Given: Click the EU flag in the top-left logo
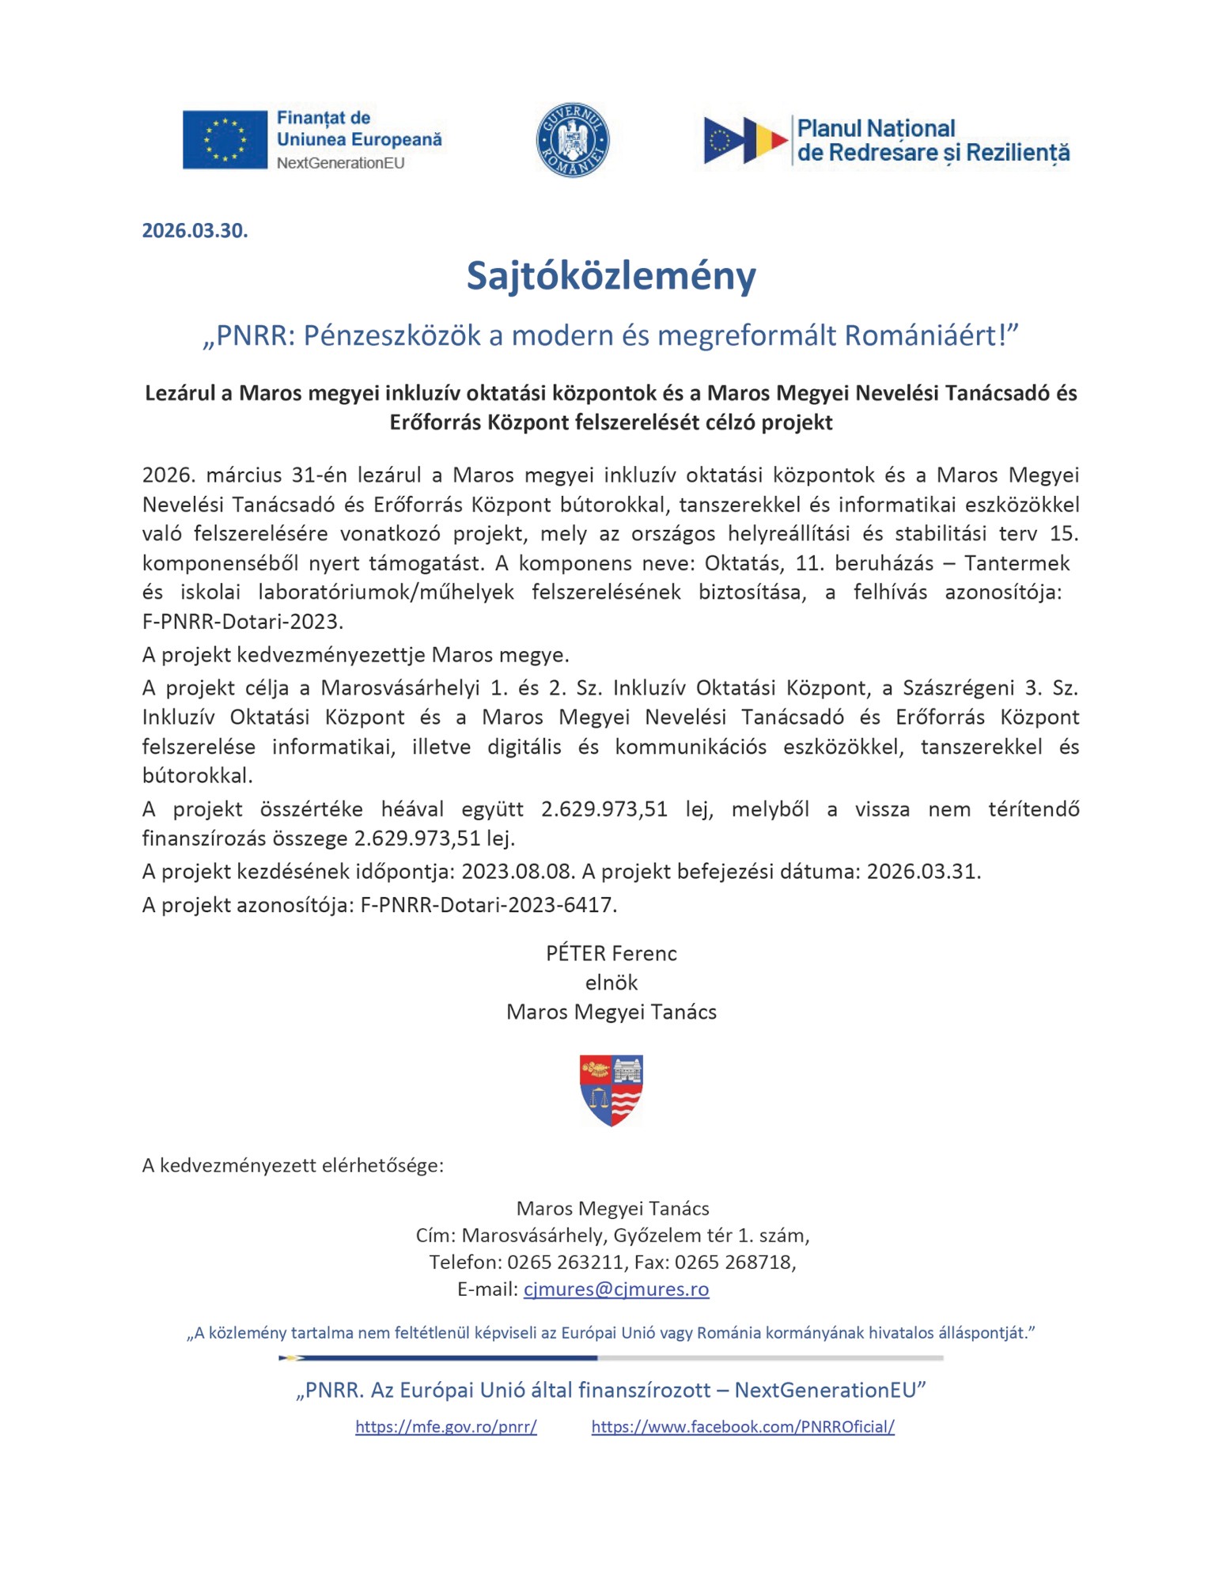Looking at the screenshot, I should [x=225, y=139].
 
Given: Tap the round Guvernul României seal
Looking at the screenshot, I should [x=572, y=140].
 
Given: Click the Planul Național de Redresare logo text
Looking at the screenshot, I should [x=932, y=140].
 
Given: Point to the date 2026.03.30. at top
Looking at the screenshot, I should [x=195, y=230].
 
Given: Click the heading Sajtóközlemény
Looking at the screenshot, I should [x=611, y=275].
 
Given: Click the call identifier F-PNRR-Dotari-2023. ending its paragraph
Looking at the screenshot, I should [x=242, y=622].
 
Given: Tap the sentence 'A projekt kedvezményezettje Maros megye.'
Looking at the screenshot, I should [x=355, y=655].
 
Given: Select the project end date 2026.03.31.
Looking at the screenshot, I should [x=923, y=872].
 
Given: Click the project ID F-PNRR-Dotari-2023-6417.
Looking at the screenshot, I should [x=488, y=905].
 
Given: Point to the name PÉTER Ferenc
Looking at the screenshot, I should [x=611, y=953].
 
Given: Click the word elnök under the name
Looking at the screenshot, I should [x=611, y=982].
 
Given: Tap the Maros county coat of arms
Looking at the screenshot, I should [x=611, y=1089].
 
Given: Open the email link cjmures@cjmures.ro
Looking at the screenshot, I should [x=615, y=1289].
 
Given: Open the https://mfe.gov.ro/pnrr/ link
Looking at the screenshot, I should [x=445, y=1427].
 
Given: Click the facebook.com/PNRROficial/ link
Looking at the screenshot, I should [x=742, y=1427].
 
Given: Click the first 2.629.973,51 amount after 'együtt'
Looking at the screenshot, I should [x=604, y=809].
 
